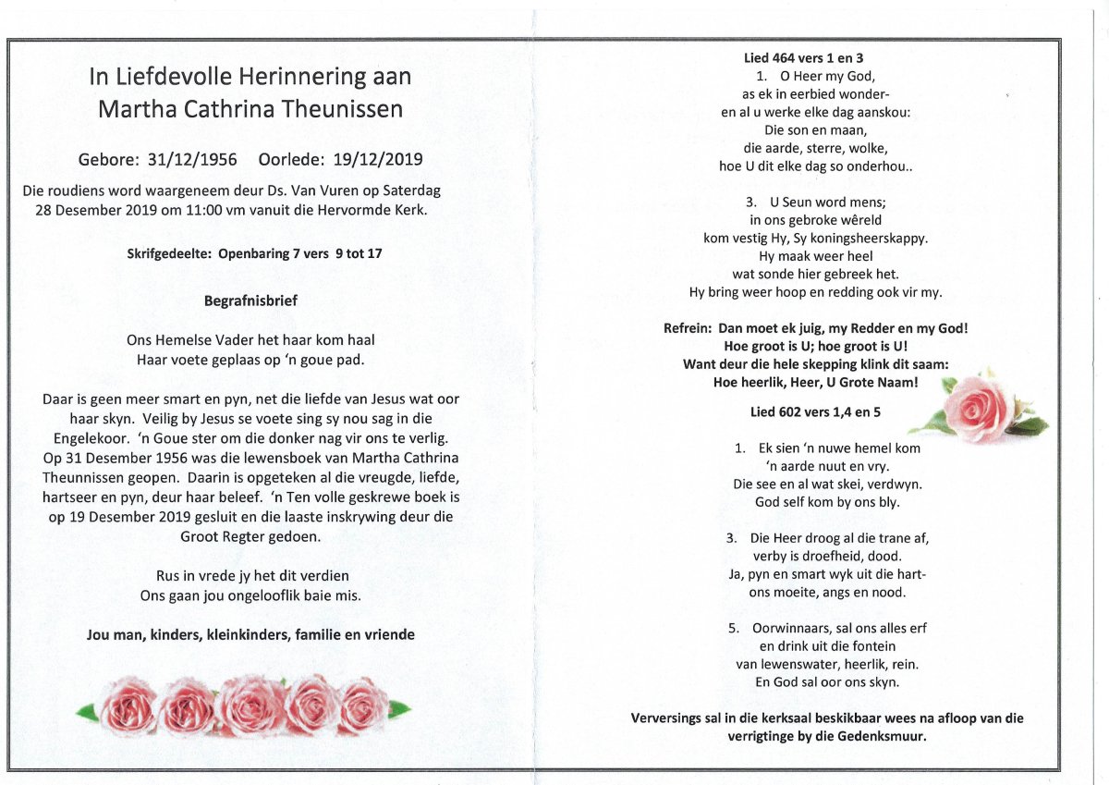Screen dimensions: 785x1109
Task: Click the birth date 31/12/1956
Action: (x=192, y=159)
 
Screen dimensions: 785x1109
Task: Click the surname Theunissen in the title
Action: (x=333, y=109)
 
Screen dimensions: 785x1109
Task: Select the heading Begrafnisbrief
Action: (x=250, y=301)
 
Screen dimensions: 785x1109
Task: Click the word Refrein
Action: (x=687, y=328)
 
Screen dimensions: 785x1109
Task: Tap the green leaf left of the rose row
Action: (x=88, y=710)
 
